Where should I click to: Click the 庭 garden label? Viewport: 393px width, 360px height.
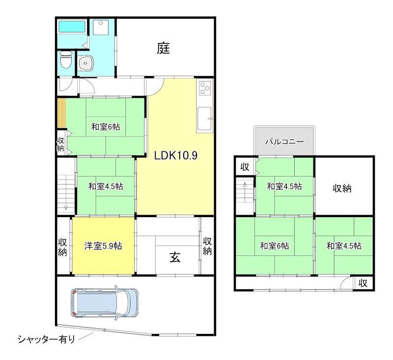(x=164, y=48)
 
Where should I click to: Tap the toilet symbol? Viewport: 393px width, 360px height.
(x=65, y=61)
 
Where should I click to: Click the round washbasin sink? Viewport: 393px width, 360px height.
(x=87, y=62)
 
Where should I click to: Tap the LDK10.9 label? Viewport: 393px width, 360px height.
(x=175, y=156)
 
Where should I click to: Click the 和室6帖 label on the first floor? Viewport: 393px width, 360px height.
(x=105, y=127)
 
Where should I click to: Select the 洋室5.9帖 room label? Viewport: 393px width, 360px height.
(x=103, y=246)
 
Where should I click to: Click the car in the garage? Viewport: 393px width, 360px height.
(x=105, y=302)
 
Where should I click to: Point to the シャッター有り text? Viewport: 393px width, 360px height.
(x=47, y=339)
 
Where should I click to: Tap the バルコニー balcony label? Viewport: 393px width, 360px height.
(x=284, y=141)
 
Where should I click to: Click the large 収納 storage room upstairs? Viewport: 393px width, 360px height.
(x=344, y=188)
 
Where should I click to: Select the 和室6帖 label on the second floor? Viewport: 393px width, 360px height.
(x=274, y=246)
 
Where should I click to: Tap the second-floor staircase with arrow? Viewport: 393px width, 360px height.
(x=244, y=192)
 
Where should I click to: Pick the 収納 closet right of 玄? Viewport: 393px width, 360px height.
(x=207, y=246)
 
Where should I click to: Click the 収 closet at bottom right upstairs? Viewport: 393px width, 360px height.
(x=363, y=283)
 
